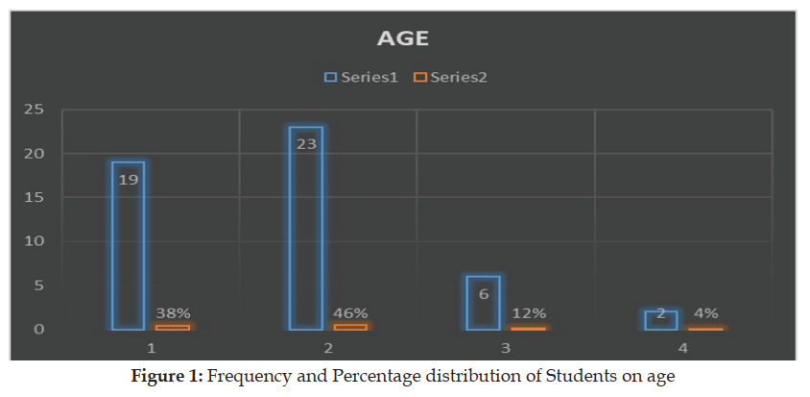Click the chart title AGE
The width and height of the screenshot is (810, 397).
pyautogui.click(x=403, y=39)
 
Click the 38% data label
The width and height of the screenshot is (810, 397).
pyautogui.click(x=174, y=312)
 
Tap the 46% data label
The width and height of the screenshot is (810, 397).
pyautogui.click(x=351, y=312)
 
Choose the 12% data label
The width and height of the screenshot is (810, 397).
pyautogui.click(x=529, y=312)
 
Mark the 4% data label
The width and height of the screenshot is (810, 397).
pyautogui.click(x=706, y=312)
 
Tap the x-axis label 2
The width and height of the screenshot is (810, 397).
pyautogui.click(x=328, y=346)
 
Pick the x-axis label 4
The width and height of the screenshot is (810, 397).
pyautogui.click(x=683, y=346)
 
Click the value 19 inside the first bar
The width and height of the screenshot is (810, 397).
pyautogui.click(x=129, y=179)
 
